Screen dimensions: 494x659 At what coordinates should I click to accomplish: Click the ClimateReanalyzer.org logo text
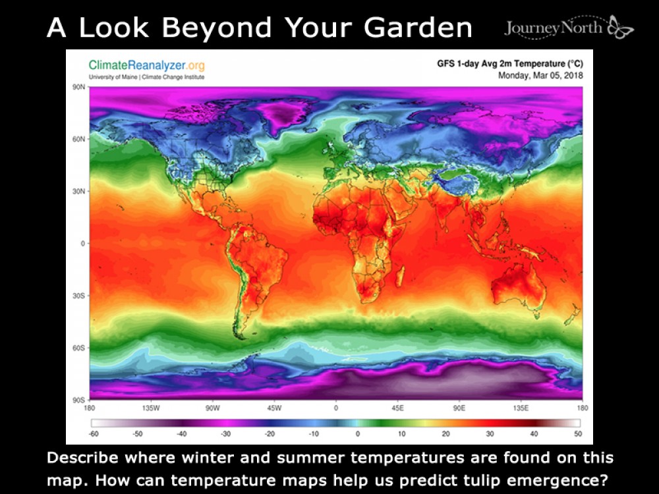(146, 65)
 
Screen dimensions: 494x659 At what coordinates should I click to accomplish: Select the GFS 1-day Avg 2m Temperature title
(511, 64)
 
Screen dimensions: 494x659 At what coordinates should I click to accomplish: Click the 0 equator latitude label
(80, 244)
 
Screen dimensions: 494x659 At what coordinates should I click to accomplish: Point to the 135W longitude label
(151, 408)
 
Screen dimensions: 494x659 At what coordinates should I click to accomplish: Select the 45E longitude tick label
(397, 408)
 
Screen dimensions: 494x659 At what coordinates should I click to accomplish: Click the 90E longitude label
(459, 408)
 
